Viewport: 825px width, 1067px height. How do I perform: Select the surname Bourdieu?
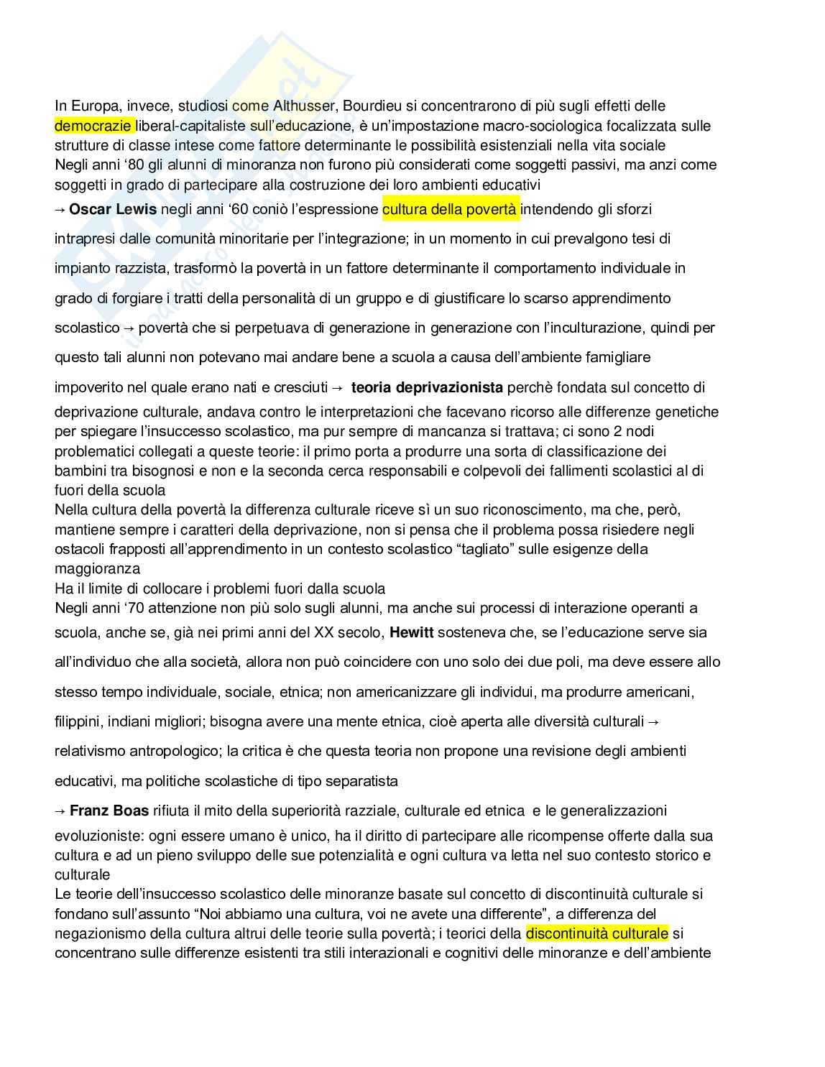coord(372,106)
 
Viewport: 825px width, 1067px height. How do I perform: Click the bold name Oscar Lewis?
coord(113,209)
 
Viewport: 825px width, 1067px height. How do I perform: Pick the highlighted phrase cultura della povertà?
coord(449,209)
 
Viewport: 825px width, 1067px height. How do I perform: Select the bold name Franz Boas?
coord(109,810)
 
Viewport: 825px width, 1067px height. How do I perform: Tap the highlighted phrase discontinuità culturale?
coord(596,933)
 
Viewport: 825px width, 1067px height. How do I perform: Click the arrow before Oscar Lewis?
coord(60,209)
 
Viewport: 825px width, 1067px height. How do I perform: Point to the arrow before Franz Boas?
coord(60,810)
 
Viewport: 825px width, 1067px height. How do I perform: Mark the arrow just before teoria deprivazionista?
coord(337,387)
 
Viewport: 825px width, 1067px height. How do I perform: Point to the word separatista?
coord(363,780)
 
